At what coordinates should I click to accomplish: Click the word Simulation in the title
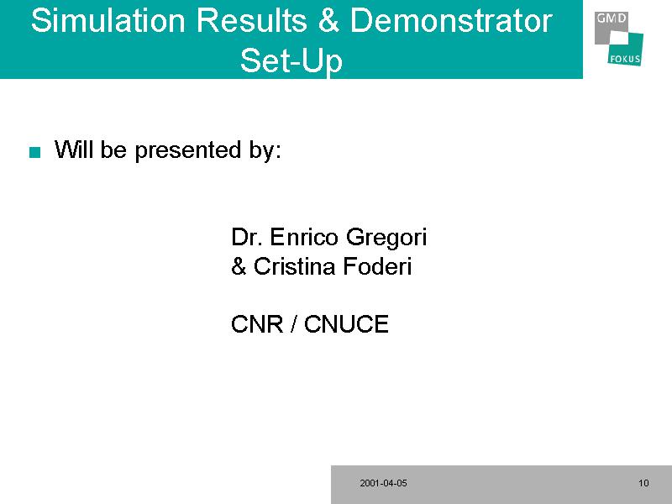[x=108, y=20]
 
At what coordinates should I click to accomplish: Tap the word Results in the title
[x=251, y=20]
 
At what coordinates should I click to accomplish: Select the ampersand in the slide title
[x=328, y=20]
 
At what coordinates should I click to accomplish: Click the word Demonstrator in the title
[x=451, y=20]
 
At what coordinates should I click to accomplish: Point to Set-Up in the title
[x=291, y=60]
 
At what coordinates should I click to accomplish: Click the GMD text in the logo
[x=612, y=18]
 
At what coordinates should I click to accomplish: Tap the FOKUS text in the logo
[x=625, y=59]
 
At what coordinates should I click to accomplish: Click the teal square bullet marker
[x=34, y=152]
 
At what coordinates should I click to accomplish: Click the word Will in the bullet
[x=74, y=150]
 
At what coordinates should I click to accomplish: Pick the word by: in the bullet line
[x=265, y=151]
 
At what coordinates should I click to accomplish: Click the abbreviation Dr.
[x=246, y=237]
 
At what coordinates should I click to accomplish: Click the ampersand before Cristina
[x=239, y=266]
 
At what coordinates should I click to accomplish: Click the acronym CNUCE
[x=346, y=324]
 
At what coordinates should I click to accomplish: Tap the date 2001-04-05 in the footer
[x=383, y=484]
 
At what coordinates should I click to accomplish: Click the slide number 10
[x=643, y=484]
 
